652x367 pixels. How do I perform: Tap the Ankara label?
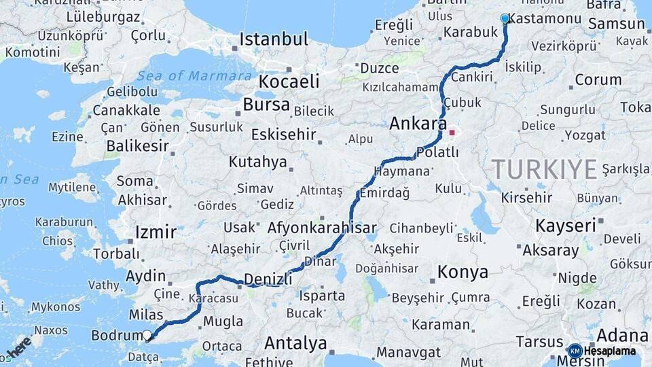[417, 124]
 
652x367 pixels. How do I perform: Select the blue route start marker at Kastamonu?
[505, 18]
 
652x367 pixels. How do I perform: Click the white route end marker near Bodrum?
[147, 334]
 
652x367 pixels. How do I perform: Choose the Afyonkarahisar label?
[322, 228]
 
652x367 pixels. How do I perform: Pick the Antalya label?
[295, 343]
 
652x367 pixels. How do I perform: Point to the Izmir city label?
[156, 232]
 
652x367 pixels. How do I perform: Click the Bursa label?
[266, 105]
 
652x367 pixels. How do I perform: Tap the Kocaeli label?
[289, 82]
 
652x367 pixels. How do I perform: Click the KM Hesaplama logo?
[602, 351]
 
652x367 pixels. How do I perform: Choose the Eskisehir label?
[284, 135]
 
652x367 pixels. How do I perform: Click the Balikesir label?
[137, 145]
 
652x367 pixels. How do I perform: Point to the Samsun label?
[616, 24]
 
